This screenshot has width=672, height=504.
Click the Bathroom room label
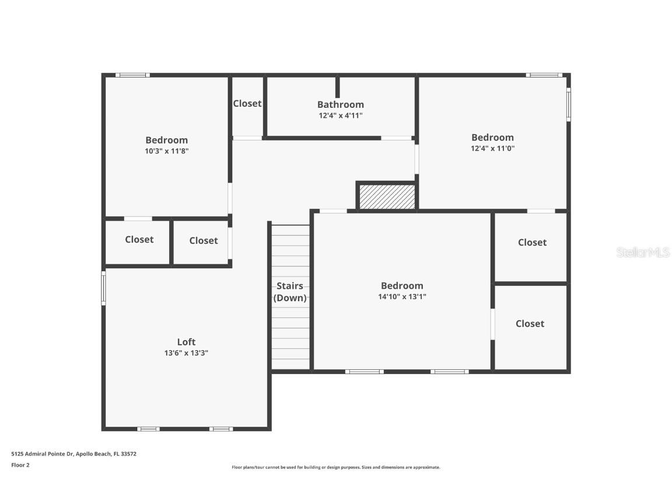[340, 104]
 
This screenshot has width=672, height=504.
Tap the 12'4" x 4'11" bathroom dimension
[340, 116]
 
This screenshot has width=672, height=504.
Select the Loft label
[186, 342]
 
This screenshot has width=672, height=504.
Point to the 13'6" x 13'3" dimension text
[186, 353]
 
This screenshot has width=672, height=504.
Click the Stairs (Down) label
[290, 292]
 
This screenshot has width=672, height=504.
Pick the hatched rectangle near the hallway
[386, 197]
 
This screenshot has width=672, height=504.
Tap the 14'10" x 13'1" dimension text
[402, 296]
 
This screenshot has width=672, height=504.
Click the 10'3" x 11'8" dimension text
[166, 150]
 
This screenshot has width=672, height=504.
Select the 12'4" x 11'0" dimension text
[492, 148]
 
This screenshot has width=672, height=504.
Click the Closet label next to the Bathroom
[247, 103]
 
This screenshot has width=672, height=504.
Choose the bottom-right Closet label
[530, 323]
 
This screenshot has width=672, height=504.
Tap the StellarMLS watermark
[642, 252]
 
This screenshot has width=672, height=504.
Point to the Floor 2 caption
[20, 465]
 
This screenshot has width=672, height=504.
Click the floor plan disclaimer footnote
[335, 467]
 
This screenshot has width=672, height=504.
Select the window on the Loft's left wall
[104, 288]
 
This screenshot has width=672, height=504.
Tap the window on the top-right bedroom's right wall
[569, 104]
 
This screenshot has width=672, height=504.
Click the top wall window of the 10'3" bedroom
[132, 75]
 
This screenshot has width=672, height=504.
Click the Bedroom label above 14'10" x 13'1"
[402, 285]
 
